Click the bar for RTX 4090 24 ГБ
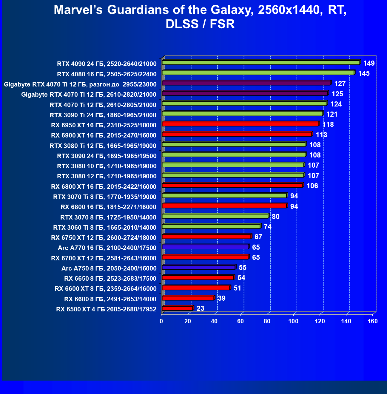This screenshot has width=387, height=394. coord(260,63)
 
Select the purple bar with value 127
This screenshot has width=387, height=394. coord(246,83)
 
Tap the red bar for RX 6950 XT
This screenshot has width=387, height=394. coord(240,124)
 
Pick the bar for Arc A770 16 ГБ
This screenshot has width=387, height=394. coord(205,247)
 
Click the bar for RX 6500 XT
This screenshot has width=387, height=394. coord(178,308)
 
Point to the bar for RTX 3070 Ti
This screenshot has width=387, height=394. coord(224,196)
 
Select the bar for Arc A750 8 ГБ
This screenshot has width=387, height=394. coord(199,268)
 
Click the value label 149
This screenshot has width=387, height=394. coord(369,63)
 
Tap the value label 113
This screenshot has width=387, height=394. coord(321,135)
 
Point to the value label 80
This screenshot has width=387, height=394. coord(276,217)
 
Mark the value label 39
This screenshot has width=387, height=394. coord(222,298)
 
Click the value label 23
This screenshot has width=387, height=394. coord(201,308)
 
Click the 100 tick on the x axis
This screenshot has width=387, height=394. coord(294,321)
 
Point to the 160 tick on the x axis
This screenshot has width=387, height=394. coord(373,321)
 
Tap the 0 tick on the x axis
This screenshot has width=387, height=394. coord(161,321)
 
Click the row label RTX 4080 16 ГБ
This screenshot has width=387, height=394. coord(107,74)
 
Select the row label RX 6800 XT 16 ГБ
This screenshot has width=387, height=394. coord(104,187)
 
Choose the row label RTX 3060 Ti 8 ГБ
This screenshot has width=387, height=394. coord(104,228)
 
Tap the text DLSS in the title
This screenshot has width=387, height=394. coord(182,24)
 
